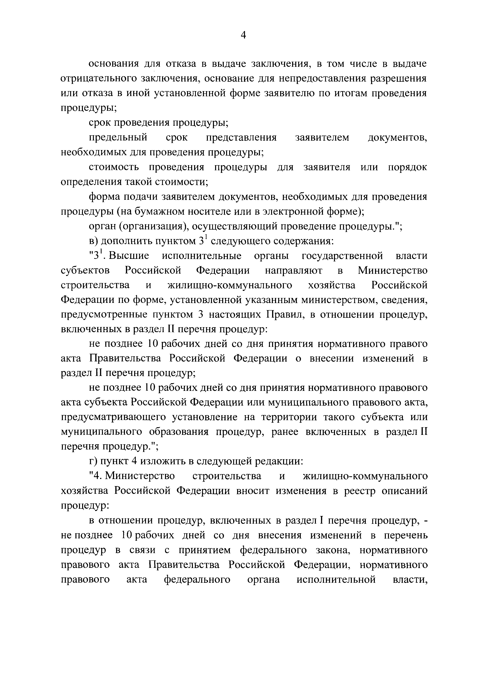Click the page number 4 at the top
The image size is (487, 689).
click(243, 35)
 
